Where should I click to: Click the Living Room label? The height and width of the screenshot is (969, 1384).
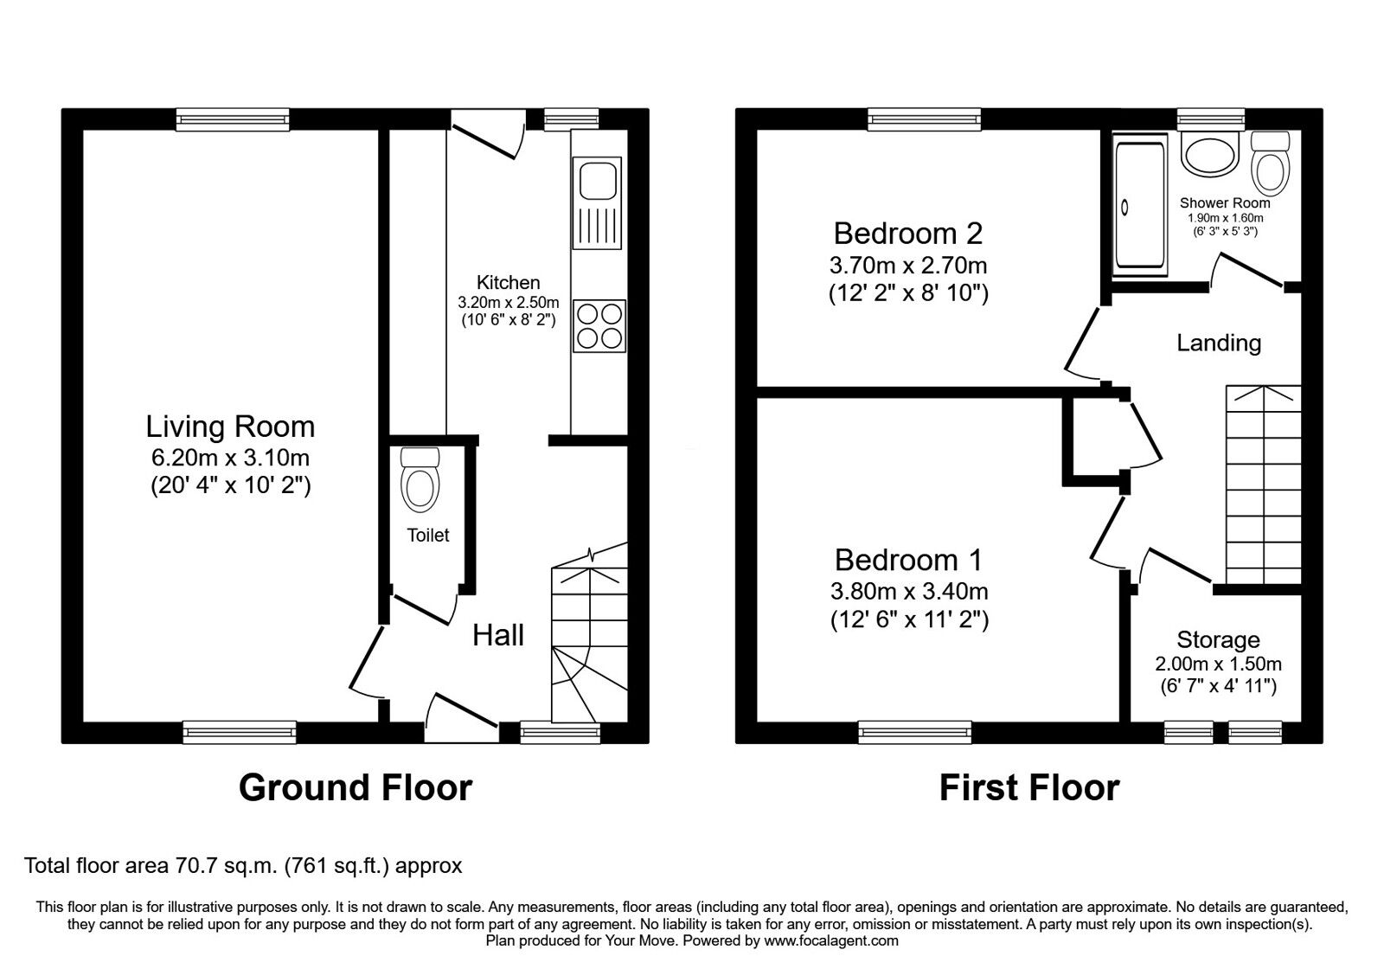tap(230, 427)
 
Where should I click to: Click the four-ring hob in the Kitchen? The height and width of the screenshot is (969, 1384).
tap(598, 325)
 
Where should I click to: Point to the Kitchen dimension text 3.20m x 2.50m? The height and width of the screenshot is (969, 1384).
tap(509, 302)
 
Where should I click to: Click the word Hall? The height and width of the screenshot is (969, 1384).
tap(498, 635)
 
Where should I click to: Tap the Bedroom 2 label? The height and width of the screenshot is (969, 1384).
tap(907, 233)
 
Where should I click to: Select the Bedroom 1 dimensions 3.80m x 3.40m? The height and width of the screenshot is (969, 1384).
tap(909, 592)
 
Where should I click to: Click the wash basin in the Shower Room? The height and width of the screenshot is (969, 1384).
tap(1208, 156)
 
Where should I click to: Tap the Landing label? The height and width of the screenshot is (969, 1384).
tap(1219, 343)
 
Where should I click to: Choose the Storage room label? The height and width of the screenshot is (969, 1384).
tap(1218, 640)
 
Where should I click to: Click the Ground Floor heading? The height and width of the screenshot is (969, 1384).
tap(355, 787)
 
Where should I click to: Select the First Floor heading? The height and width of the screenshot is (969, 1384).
tap(1029, 787)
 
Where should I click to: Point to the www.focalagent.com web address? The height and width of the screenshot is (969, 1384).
tap(830, 940)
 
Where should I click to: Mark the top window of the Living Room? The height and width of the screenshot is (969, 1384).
tap(232, 119)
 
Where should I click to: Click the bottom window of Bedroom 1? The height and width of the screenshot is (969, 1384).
tap(914, 733)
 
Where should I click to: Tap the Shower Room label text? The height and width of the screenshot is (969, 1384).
tap(1225, 203)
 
